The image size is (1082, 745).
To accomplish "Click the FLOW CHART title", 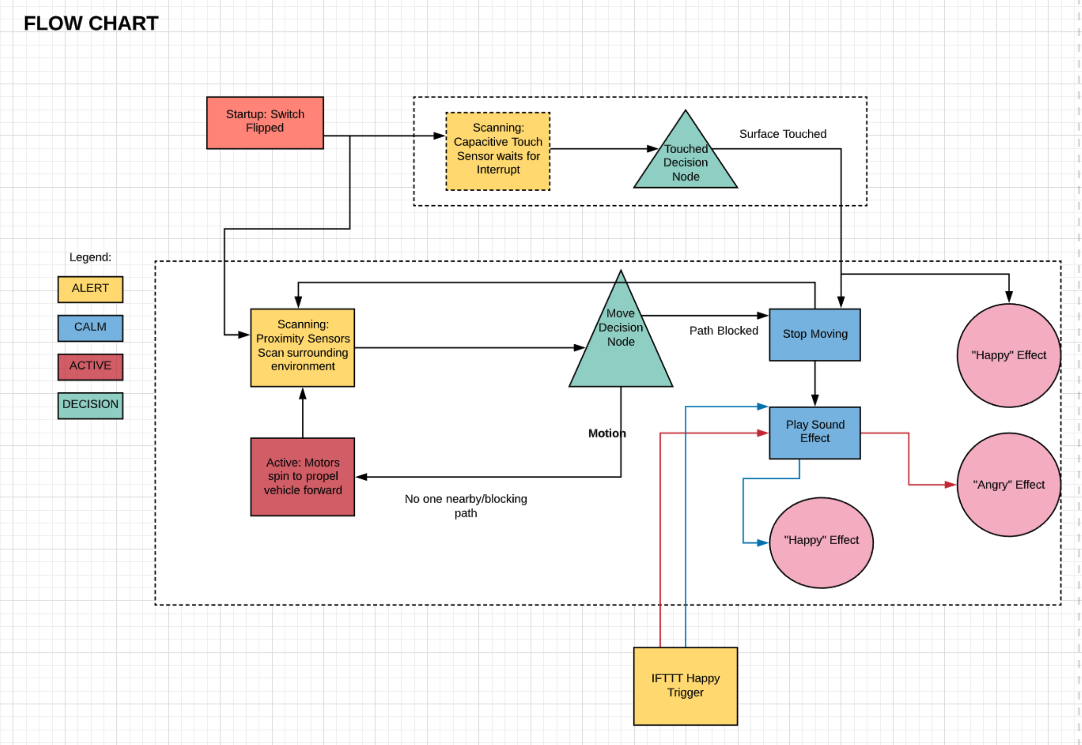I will click(x=91, y=24).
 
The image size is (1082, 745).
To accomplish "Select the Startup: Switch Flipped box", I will click(x=265, y=123).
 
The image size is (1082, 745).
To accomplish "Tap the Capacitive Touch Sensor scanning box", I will click(x=498, y=151).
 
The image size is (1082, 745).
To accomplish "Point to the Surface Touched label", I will click(x=783, y=134).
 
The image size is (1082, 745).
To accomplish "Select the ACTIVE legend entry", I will click(x=90, y=367).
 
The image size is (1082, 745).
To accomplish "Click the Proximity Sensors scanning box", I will click(x=302, y=347).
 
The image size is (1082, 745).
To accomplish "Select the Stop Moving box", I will click(x=815, y=335).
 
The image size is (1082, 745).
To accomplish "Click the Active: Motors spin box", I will click(x=302, y=477).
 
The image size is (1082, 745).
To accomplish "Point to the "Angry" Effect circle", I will click(x=1008, y=484).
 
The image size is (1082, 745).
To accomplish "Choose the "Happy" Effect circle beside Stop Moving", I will click(x=1008, y=355).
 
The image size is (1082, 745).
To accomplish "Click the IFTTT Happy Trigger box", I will click(x=685, y=686).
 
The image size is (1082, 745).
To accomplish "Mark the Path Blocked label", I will click(x=723, y=331).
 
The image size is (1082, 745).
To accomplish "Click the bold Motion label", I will click(x=607, y=433).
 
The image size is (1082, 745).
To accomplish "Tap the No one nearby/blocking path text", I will click(x=466, y=506).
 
